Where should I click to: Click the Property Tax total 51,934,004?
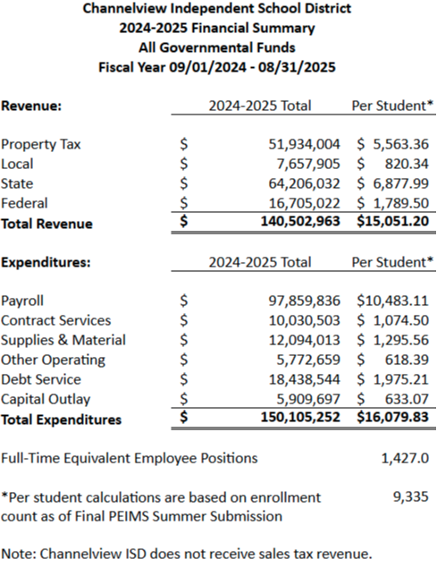click(x=305, y=144)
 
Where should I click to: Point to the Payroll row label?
click(x=22, y=301)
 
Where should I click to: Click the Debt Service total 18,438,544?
click(x=305, y=380)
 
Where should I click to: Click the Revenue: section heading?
click(x=31, y=106)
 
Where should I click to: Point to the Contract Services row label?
click(x=56, y=321)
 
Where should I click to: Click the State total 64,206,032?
click(x=305, y=183)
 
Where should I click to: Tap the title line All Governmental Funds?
click(x=217, y=47)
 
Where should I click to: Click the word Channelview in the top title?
click(x=125, y=8)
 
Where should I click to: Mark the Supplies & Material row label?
click(x=63, y=341)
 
